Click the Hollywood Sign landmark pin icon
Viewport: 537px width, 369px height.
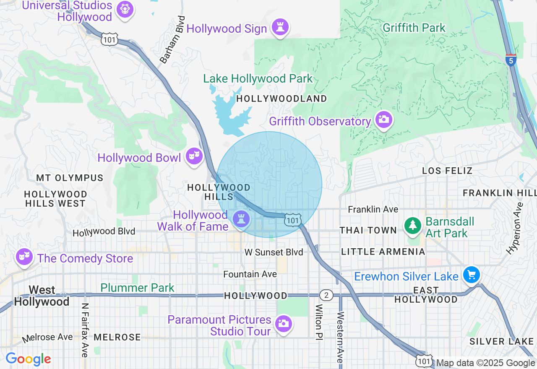280,28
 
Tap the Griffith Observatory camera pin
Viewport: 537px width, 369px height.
383,120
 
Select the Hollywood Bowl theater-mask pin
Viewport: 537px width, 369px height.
194,156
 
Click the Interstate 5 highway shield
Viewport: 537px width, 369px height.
511,60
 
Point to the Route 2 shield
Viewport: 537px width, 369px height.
326,295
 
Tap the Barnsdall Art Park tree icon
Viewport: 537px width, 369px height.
413,226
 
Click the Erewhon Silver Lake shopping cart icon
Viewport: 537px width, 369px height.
471,275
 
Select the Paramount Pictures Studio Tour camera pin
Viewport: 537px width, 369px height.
283,323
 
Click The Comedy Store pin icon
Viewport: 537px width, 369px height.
24,257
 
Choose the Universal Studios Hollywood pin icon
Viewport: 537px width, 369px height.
125,9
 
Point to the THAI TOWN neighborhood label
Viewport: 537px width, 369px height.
368,230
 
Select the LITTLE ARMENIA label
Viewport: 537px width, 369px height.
383,252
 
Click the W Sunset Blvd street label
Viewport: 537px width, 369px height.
274,252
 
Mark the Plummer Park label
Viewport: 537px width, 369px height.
137,288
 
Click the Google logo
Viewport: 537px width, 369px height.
28,359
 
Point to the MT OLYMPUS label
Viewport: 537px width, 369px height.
70,178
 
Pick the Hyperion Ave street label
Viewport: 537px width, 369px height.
515,229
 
